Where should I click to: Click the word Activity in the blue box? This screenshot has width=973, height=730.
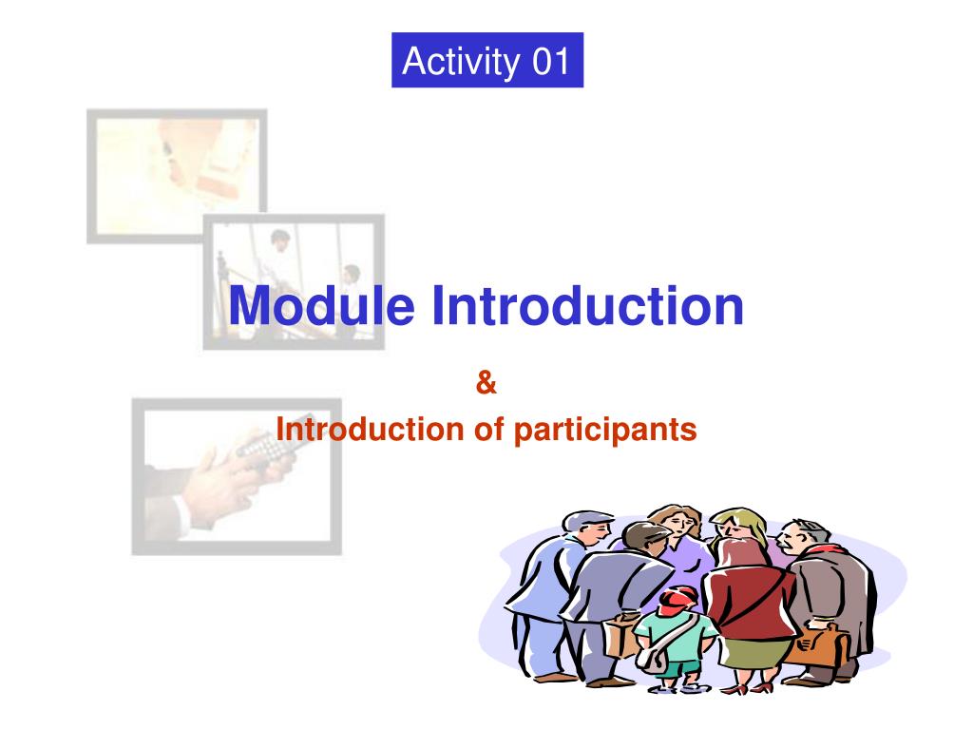(461, 62)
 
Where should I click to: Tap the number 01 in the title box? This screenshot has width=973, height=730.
(551, 61)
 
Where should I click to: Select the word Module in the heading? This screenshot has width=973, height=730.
(322, 305)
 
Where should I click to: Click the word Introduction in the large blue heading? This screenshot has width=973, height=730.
(587, 305)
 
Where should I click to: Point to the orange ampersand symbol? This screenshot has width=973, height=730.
(486, 382)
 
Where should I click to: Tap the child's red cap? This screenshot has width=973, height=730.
(678, 599)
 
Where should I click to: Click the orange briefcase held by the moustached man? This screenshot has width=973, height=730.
(817, 645)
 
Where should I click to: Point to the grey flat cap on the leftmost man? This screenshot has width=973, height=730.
(584, 520)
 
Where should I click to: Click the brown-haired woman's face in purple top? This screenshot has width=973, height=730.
(680, 527)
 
